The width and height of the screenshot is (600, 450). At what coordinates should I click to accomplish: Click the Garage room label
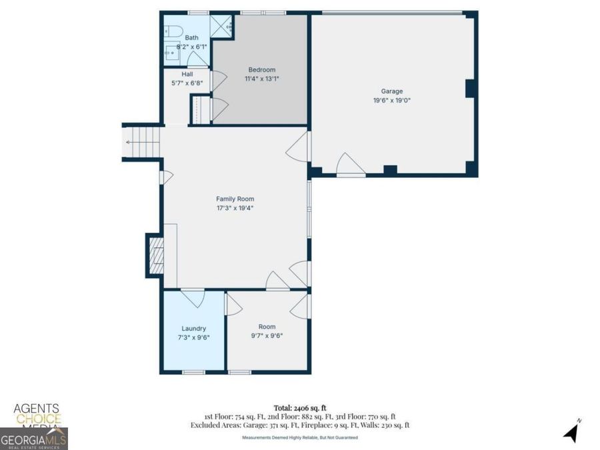391,91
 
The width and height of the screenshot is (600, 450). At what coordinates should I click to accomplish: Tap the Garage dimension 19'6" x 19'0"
391,101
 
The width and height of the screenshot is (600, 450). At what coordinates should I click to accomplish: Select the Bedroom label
261,70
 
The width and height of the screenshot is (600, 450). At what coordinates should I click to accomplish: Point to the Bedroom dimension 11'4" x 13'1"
261,79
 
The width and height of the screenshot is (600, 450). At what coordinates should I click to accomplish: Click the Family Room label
235,199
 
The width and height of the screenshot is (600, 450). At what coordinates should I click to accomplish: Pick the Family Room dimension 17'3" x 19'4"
235,208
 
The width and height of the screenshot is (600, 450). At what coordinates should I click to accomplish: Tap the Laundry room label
193,329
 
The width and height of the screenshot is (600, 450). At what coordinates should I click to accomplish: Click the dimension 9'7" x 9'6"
267,336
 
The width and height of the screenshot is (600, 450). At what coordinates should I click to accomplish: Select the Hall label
187,74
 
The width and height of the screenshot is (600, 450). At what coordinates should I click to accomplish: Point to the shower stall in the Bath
220,25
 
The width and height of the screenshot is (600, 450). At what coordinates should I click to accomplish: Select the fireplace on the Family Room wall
155,255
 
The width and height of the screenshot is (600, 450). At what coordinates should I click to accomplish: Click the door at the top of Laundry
193,296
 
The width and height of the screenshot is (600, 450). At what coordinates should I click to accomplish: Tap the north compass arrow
571,432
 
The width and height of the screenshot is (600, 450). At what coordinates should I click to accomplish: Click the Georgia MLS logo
33,439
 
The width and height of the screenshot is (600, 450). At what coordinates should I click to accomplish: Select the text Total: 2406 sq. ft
299,407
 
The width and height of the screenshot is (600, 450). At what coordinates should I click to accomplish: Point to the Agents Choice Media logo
37,415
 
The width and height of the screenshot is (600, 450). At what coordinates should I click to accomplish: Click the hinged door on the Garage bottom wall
349,165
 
